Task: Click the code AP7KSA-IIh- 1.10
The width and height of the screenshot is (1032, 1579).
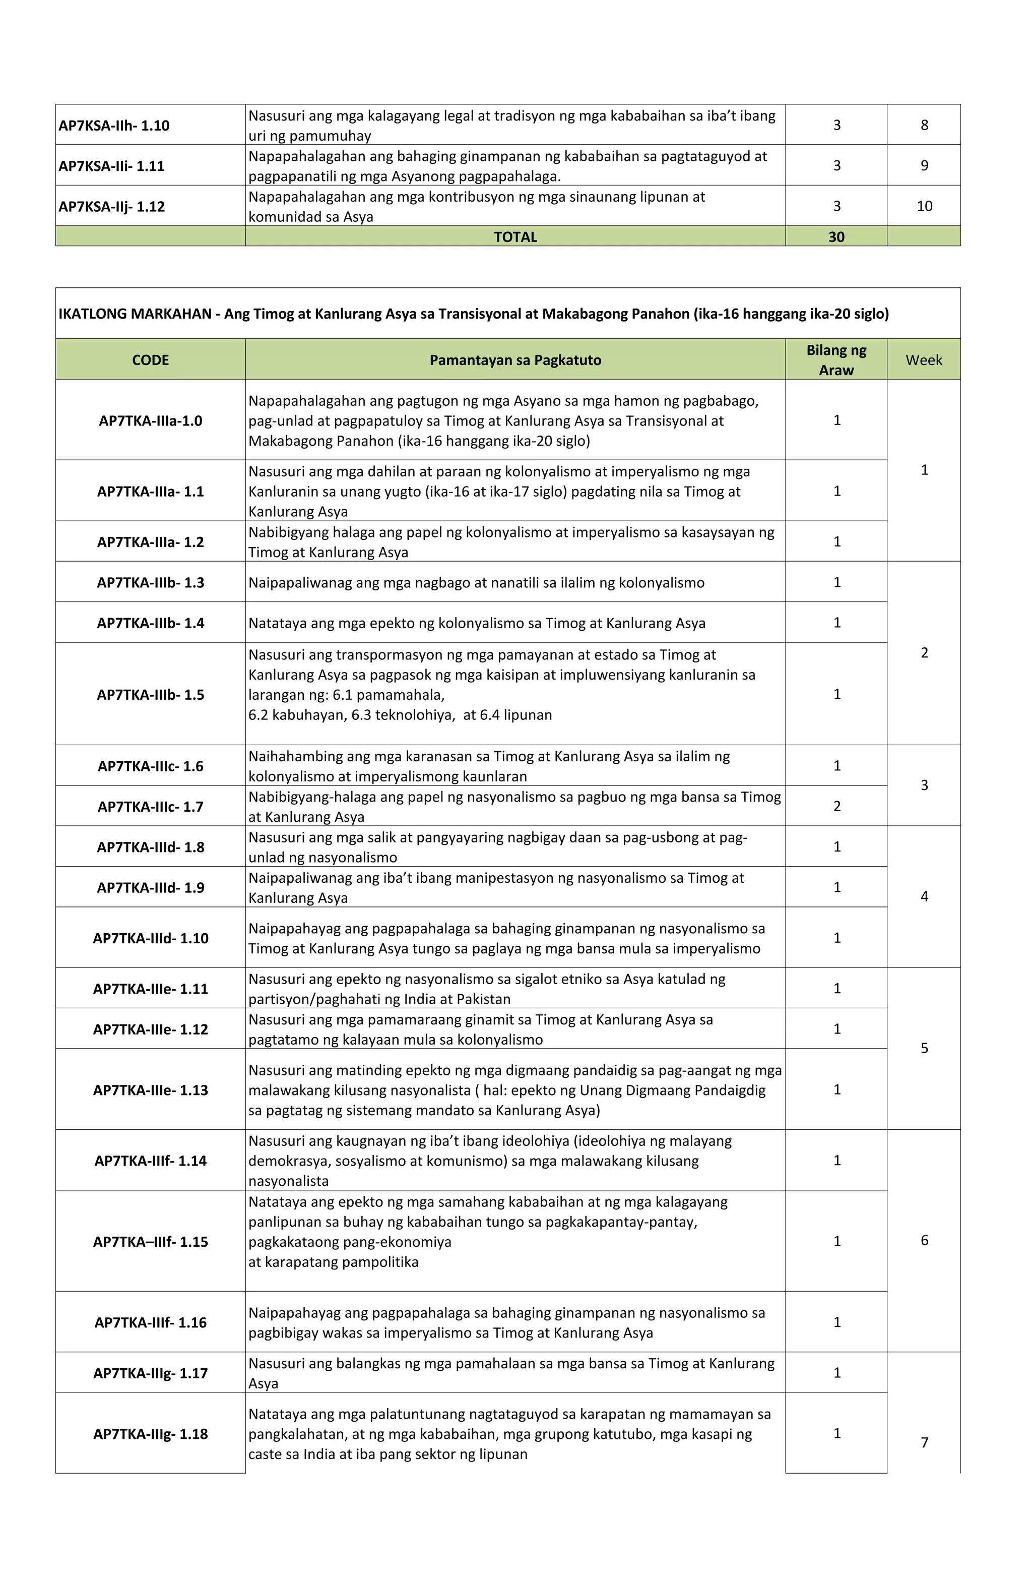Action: [x=114, y=126]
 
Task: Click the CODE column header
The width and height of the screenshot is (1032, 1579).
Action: [x=151, y=360]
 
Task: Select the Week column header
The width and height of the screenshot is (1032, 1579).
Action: [x=923, y=360]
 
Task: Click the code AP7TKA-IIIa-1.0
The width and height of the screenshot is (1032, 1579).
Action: [x=151, y=420]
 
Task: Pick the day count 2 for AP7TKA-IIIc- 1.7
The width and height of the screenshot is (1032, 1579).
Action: [x=836, y=806]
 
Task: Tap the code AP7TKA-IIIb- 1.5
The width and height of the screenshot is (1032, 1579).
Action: [x=151, y=695]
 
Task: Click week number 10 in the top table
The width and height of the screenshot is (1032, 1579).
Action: [x=924, y=206]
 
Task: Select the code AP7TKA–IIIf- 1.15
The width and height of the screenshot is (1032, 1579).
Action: [x=151, y=1242]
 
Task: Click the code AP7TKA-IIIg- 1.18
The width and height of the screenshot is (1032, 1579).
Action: [x=151, y=1434]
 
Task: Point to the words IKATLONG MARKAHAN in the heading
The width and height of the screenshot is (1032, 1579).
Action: [x=135, y=314]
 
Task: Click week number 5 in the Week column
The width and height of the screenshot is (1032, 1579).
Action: [x=924, y=1048]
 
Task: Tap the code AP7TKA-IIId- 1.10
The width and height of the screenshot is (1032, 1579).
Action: [x=151, y=938]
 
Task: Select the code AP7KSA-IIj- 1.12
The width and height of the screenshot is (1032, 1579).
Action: [x=111, y=206]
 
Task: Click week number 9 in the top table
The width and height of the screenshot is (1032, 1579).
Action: [x=924, y=166]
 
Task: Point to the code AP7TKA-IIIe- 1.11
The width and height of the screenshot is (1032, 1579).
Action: [x=151, y=989]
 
